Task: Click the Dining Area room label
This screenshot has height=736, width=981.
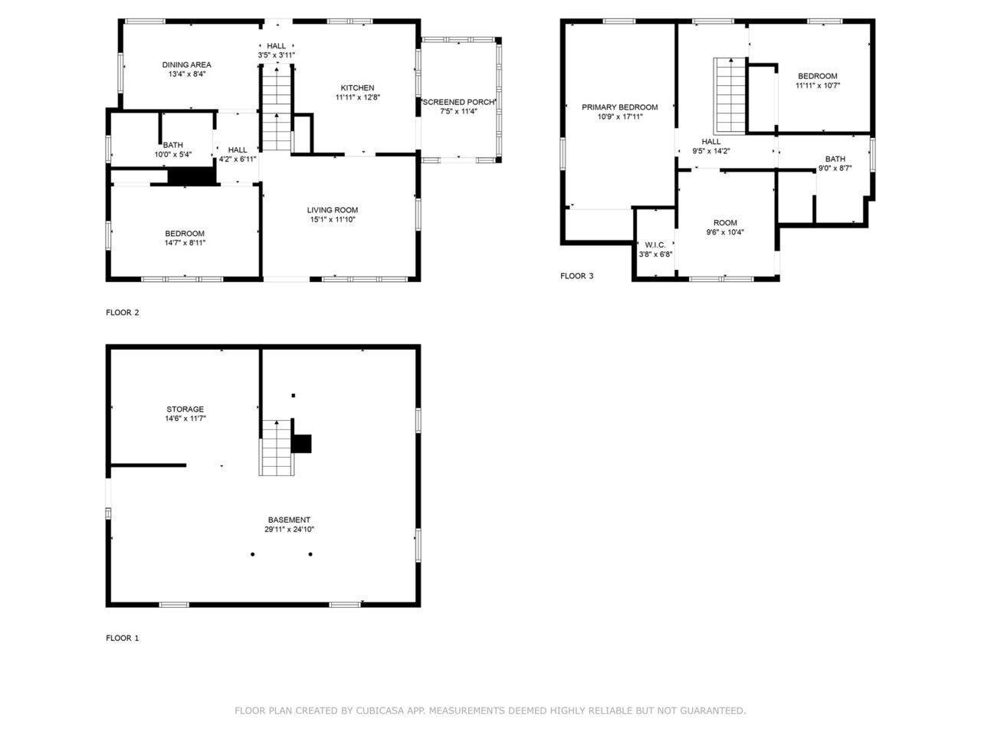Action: (186, 65)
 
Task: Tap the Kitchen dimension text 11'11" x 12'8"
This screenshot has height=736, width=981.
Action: (358, 97)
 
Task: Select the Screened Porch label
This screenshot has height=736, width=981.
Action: (458, 102)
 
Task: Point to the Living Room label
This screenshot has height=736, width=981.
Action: (332, 210)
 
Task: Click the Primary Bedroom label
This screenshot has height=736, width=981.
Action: (619, 107)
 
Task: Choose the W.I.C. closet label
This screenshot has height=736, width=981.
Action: (655, 245)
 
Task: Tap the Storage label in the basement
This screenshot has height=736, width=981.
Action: (185, 409)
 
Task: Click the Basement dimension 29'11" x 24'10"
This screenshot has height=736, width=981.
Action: (289, 529)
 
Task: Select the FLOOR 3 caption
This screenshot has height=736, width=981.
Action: (576, 276)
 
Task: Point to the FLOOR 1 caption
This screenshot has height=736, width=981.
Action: (122, 638)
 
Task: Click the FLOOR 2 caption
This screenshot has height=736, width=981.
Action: (122, 312)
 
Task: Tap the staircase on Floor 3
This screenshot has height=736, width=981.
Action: (730, 95)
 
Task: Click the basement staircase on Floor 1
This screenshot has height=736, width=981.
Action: (277, 447)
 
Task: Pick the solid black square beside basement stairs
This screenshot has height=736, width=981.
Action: (302, 443)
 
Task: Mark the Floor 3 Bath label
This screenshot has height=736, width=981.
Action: (835, 159)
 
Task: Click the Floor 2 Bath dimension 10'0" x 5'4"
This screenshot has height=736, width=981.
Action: (173, 155)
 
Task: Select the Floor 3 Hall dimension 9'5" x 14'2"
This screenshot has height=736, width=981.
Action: (711, 151)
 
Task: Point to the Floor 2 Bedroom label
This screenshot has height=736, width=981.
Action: (185, 233)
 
